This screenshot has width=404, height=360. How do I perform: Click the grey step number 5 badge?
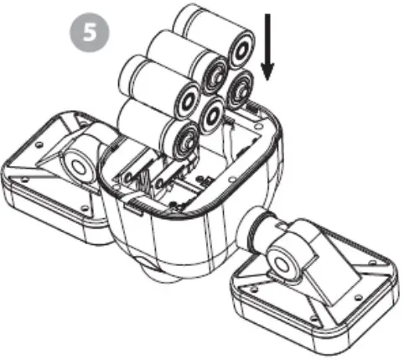[x=86, y=33]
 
